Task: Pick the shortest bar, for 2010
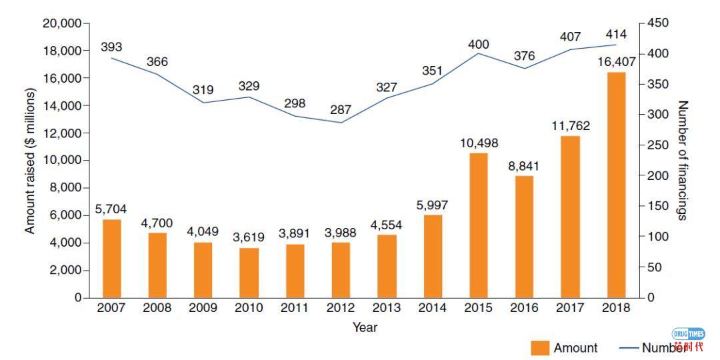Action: point(249,273)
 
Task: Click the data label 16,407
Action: point(616,62)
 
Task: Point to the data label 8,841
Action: point(524,166)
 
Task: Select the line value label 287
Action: point(341,109)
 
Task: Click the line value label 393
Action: point(111,47)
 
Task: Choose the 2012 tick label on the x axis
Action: point(341,308)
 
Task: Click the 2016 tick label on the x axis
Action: point(524,308)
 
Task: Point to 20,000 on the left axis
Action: point(61,23)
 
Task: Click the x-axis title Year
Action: point(365,327)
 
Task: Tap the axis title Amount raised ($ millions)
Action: point(30,161)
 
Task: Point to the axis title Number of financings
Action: point(682,161)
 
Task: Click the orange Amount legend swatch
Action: point(540,348)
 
